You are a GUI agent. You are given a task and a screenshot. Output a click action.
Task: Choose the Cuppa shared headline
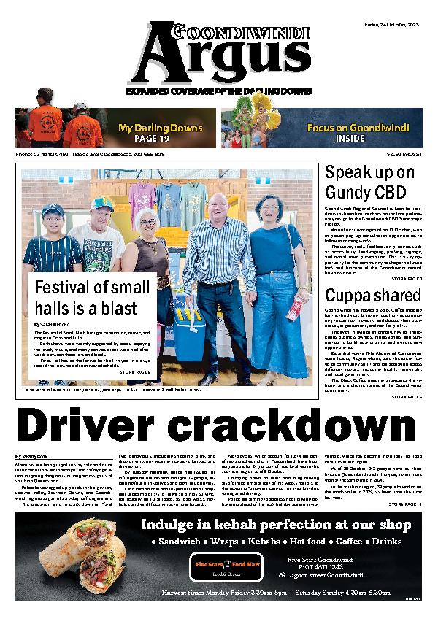click(x=362, y=296)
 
